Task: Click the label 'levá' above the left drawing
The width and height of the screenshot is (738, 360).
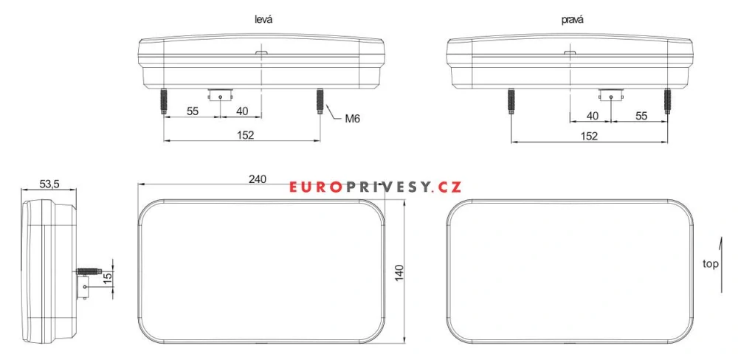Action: (263, 20)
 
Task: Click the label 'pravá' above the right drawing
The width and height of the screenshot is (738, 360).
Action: (572, 20)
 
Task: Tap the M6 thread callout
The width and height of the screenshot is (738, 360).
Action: (352, 118)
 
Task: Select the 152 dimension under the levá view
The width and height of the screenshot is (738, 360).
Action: (245, 134)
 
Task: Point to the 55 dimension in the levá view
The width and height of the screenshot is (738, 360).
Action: (193, 111)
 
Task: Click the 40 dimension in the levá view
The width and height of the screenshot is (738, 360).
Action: (241, 111)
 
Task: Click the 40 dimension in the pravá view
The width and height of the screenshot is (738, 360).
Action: (592, 116)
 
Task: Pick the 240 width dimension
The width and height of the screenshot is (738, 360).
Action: (257, 179)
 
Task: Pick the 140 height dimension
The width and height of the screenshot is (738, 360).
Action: (400, 271)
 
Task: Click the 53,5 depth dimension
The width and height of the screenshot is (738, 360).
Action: (49, 183)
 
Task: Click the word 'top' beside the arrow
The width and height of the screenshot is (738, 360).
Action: (711, 263)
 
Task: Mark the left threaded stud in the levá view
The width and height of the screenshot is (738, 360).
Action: (162, 101)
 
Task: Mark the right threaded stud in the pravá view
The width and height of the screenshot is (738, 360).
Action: (667, 101)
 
